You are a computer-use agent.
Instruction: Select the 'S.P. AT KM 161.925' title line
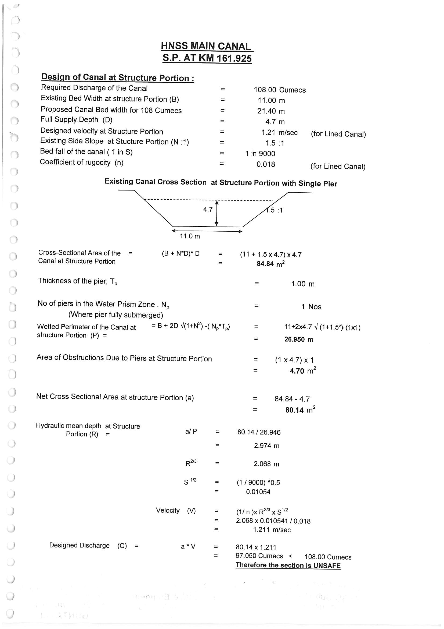point(207,58)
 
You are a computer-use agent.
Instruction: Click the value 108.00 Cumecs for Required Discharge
point(279,90)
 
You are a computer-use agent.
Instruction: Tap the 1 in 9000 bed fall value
point(260,153)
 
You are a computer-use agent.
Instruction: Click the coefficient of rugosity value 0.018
point(265,164)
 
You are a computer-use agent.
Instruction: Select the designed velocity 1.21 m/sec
point(279,132)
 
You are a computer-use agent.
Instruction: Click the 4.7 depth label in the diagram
point(208,209)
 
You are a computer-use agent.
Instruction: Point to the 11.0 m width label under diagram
point(190,236)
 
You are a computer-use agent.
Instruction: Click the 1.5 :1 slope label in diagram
point(275,210)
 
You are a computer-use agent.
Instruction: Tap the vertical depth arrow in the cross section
point(216,213)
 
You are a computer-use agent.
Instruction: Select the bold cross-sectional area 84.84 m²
point(270,264)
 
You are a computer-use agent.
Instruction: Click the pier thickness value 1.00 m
point(302,284)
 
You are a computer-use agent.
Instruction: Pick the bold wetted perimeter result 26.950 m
point(298,340)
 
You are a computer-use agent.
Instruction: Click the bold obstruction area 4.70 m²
point(302,371)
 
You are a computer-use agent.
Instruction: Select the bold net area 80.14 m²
point(300,410)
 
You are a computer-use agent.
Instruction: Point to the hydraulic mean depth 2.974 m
point(266,446)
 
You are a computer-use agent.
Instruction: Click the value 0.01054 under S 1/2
point(258,492)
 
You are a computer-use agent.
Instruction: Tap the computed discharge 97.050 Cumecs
point(259,556)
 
